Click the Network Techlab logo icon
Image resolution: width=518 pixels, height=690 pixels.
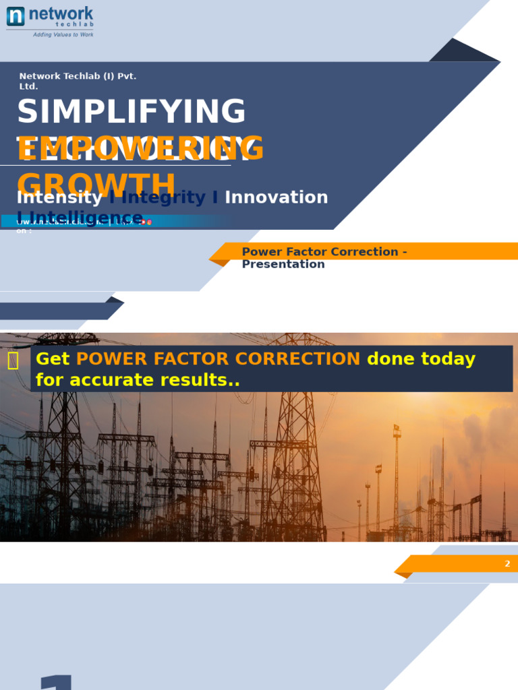(x=16, y=16)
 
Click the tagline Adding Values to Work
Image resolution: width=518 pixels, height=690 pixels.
(x=63, y=34)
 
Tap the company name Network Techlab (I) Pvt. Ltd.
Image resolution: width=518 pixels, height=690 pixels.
(x=78, y=81)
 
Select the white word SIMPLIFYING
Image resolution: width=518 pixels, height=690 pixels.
(x=132, y=112)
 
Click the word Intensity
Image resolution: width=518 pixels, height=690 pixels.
(x=59, y=197)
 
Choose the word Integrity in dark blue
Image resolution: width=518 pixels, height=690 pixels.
(x=163, y=197)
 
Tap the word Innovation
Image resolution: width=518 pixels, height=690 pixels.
(x=276, y=197)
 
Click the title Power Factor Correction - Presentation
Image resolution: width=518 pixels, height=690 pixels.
(x=324, y=257)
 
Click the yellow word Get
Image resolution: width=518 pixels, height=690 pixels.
(x=53, y=359)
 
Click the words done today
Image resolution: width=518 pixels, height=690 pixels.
(x=421, y=359)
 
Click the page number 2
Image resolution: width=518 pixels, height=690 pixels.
(x=507, y=563)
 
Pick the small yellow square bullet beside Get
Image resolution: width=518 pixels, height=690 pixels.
(x=13, y=361)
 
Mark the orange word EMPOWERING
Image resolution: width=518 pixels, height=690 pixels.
(x=140, y=149)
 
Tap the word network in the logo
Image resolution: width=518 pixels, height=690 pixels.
(x=66, y=14)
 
